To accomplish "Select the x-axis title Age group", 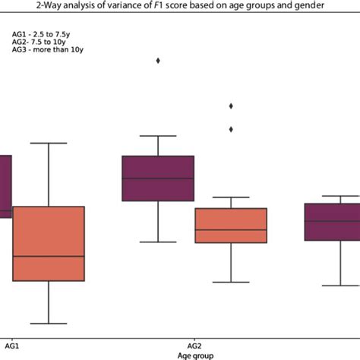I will (x=195, y=355).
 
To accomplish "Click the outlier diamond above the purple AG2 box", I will (x=158, y=60).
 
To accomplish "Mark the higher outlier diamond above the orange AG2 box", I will (x=231, y=106).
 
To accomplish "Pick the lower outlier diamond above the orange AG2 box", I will (x=231, y=129).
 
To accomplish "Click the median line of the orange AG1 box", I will (x=48, y=256).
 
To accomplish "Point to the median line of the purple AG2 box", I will (x=158, y=178).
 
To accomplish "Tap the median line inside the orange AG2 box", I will (x=231, y=229).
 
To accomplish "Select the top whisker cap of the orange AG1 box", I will (x=48, y=143).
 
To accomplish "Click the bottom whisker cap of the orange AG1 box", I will (x=48, y=324).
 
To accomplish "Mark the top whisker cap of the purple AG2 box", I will (x=158, y=136).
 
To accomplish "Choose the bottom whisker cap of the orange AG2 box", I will (x=231, y=282).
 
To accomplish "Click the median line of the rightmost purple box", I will (x=332, y=221).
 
